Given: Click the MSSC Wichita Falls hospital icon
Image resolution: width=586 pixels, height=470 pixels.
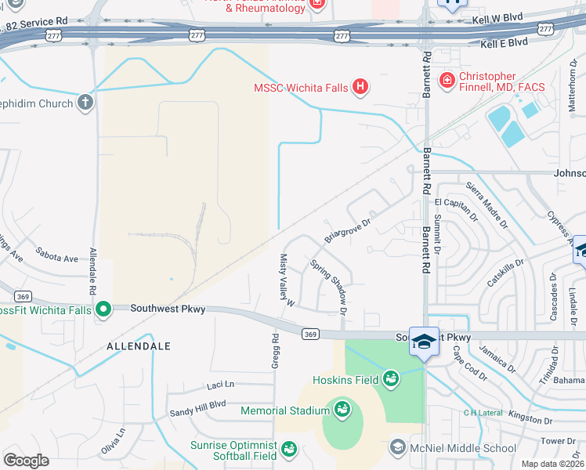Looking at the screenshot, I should (360, 86).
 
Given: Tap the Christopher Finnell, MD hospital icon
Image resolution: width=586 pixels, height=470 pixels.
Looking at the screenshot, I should (447, 80).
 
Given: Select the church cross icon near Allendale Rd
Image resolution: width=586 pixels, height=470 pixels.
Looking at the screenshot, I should (85, 103).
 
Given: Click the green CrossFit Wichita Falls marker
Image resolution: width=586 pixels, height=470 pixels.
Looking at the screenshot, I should (103, 310).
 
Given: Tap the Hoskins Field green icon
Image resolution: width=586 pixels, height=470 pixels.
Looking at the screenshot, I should (390, 381).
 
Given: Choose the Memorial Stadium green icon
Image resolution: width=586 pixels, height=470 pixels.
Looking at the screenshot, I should (341, 410).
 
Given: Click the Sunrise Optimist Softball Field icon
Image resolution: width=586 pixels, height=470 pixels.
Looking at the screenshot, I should (288, 450).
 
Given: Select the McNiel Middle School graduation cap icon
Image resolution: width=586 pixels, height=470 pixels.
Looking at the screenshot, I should (398, 448).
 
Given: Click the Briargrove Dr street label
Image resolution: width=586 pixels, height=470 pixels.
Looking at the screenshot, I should (346, 230).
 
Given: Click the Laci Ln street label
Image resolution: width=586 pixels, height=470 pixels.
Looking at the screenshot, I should (221, 385).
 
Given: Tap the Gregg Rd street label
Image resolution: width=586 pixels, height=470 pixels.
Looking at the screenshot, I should (276, 351).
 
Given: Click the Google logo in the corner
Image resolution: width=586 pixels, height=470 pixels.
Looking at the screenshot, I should (26, 461).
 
